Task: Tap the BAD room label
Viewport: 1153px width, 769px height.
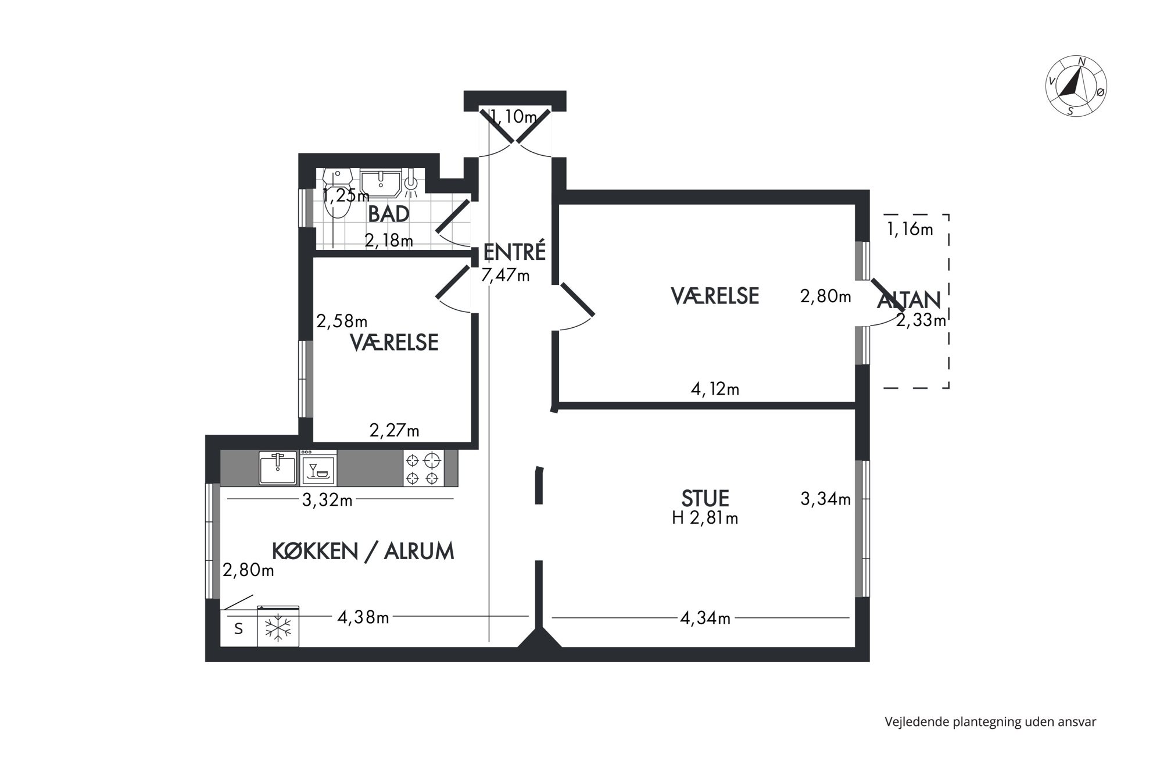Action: (389, 214)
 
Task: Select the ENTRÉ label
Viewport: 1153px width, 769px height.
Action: (514, 252)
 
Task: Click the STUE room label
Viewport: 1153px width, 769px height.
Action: (705, 498)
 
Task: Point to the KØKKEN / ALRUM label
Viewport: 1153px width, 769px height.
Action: (363, 551)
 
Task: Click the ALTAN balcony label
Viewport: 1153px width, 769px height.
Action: (909, 300)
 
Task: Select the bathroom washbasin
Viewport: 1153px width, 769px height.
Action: (381, 183)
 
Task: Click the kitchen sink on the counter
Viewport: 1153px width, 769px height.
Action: (278, 468)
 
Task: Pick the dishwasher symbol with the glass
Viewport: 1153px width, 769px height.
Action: (318, 468)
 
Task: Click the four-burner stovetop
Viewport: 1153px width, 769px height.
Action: (423, 468)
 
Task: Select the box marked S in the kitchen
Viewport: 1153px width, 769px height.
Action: (238, 628)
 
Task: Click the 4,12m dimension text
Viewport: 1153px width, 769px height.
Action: (715, 389)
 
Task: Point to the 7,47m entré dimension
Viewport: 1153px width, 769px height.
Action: (505, 275)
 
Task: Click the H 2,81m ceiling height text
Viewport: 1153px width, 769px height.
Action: (705, 518)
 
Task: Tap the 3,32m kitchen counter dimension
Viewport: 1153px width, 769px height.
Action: (327, 500)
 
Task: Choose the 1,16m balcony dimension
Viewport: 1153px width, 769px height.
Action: (910, 229)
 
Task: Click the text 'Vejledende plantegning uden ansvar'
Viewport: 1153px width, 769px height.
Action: (990, 722)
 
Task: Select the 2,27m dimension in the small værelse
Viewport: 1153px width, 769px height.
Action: (394, 431)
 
